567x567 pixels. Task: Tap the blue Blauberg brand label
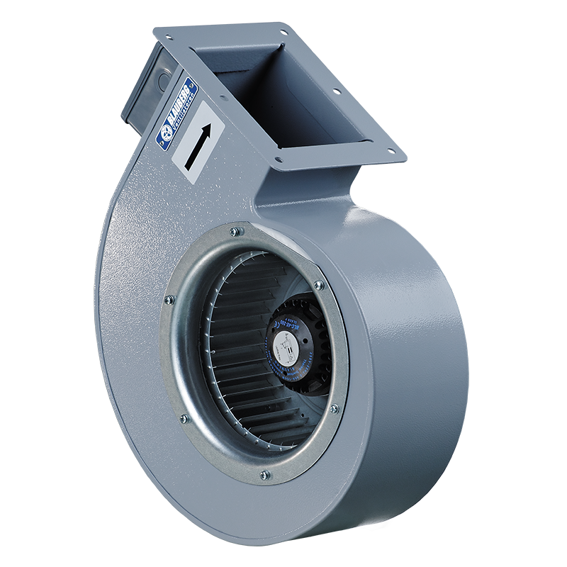[174, 113]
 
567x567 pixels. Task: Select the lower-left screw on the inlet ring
[184, 418]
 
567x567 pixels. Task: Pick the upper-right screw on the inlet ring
[318, 285]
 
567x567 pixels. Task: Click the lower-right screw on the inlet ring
[334, 409]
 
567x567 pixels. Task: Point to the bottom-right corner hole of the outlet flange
[388, 149]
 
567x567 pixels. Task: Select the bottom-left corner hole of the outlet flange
[279, 159]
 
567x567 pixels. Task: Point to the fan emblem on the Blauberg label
[162, 133]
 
